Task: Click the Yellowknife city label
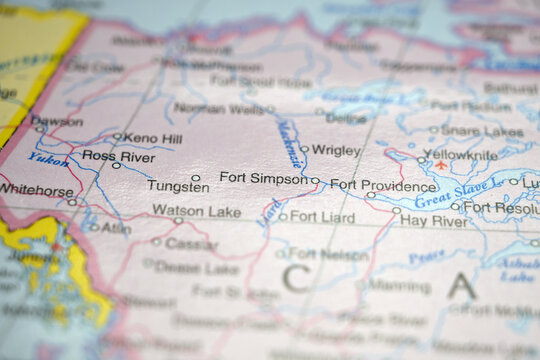[460, 156]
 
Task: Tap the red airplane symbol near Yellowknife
[441, 165]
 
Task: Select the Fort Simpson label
[263, 178]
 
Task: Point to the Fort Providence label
[383, 185]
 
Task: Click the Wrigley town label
[336, 150]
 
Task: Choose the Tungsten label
[178, 186]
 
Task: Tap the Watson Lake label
[196, 211]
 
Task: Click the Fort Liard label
[322, 216]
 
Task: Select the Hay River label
[433, 221]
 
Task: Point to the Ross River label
[118, 157]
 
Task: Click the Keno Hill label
[154, 137]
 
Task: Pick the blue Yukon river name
[48, 158]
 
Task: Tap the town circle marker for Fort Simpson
[315, 181]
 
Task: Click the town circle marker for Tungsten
[196, 178]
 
